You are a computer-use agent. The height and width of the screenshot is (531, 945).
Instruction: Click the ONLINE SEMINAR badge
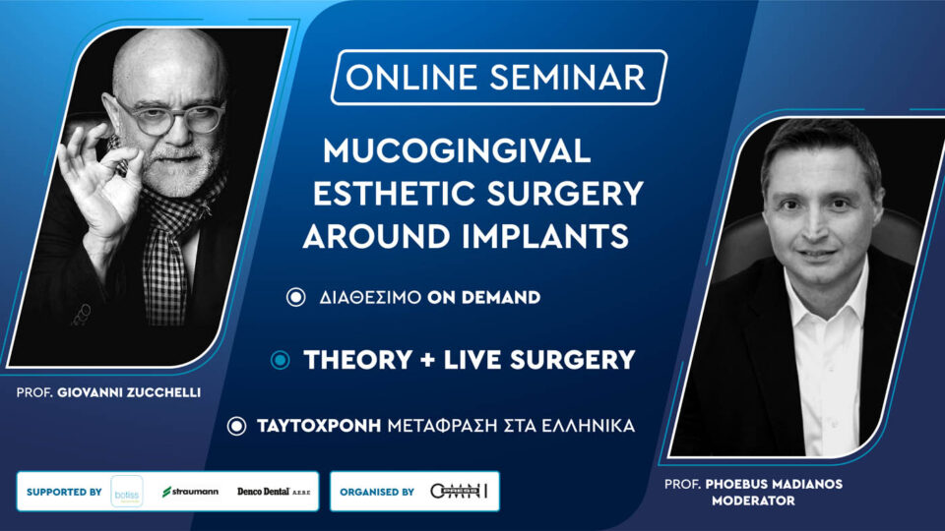coord(498,77)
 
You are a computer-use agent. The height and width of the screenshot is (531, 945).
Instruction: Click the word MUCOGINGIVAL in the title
coord(457,150)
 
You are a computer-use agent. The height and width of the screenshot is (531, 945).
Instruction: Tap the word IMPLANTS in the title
coord(549,236)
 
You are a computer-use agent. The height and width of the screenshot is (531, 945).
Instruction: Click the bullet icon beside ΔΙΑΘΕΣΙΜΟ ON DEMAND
coord(295,298)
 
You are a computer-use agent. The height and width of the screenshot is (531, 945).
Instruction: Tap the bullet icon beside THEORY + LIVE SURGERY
coord(281,361)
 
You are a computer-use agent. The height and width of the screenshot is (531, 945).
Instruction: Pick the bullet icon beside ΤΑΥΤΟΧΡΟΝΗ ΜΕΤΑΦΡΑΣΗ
coord(236,426)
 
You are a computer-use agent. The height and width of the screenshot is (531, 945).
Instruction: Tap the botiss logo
coord(127,491)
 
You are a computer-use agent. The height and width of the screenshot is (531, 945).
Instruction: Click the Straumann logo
coord(191,491)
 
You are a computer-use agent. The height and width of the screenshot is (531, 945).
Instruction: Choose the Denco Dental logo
coord(277,491)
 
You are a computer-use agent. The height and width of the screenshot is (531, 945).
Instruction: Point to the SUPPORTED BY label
coord(64,491)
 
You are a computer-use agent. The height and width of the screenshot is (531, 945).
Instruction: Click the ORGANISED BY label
coord(377,491)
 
